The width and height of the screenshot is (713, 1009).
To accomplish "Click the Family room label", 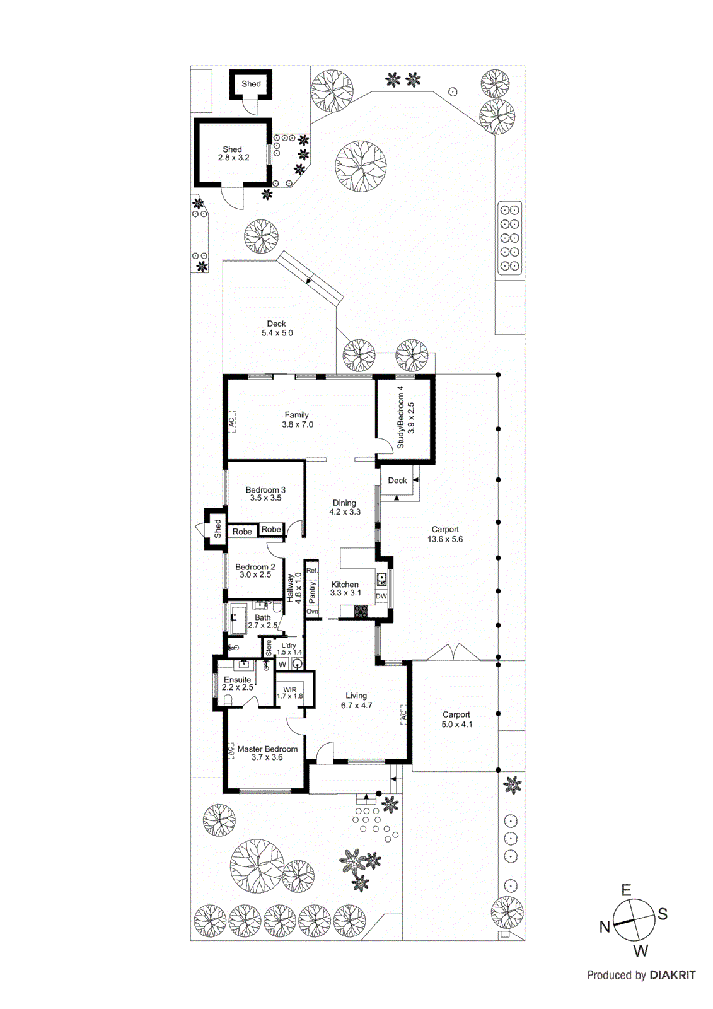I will [296, 419].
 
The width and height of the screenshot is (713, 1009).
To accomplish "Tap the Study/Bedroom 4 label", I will [406, 417].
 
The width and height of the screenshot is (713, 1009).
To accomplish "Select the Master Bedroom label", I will [267, 753].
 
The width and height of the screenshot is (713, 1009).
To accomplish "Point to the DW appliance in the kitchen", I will [381, 596].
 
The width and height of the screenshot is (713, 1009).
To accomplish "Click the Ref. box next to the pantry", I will [312, 570].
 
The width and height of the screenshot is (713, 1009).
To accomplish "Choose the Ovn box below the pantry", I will [312, 612].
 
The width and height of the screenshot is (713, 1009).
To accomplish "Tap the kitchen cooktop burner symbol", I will [360, 610].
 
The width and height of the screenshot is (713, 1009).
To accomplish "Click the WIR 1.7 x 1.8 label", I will [290, 693].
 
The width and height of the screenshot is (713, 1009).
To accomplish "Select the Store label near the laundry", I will [269, 647].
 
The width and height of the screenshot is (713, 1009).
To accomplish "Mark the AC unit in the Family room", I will [231, 421].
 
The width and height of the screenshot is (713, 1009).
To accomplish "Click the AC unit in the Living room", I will [403, 715].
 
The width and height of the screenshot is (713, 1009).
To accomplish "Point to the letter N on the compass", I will [605, 926].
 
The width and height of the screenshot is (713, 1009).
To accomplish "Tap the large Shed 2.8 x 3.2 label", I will [233, 153].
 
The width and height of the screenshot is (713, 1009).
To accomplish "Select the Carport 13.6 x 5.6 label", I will [445, 534].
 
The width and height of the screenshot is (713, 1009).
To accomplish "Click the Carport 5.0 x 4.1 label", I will [456, 720].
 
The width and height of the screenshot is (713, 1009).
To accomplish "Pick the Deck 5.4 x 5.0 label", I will [277, 328].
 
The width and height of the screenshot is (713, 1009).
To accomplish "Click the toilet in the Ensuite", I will [228, 700].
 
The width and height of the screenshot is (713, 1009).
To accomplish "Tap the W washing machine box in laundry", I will [282, 664].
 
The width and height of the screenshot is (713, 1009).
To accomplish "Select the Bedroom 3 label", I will [265, 493].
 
